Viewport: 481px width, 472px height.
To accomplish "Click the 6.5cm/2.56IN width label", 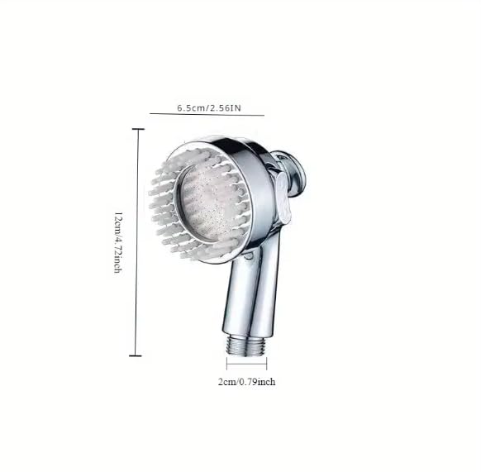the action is point(209,108).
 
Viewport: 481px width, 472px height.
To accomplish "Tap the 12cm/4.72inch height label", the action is point(118,242).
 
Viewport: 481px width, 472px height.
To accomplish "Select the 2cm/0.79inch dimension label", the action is point(246,382).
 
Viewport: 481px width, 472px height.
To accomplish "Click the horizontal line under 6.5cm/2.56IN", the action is point(207,114).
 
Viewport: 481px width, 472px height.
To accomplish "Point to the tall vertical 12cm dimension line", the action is point(137,242).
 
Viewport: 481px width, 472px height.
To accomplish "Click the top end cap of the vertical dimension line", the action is point(138,129).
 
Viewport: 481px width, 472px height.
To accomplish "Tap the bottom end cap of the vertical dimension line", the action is point(136,356).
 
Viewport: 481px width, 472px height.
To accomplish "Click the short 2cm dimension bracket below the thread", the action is point(246,364).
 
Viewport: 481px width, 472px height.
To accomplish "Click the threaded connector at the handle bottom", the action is point(245,345).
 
